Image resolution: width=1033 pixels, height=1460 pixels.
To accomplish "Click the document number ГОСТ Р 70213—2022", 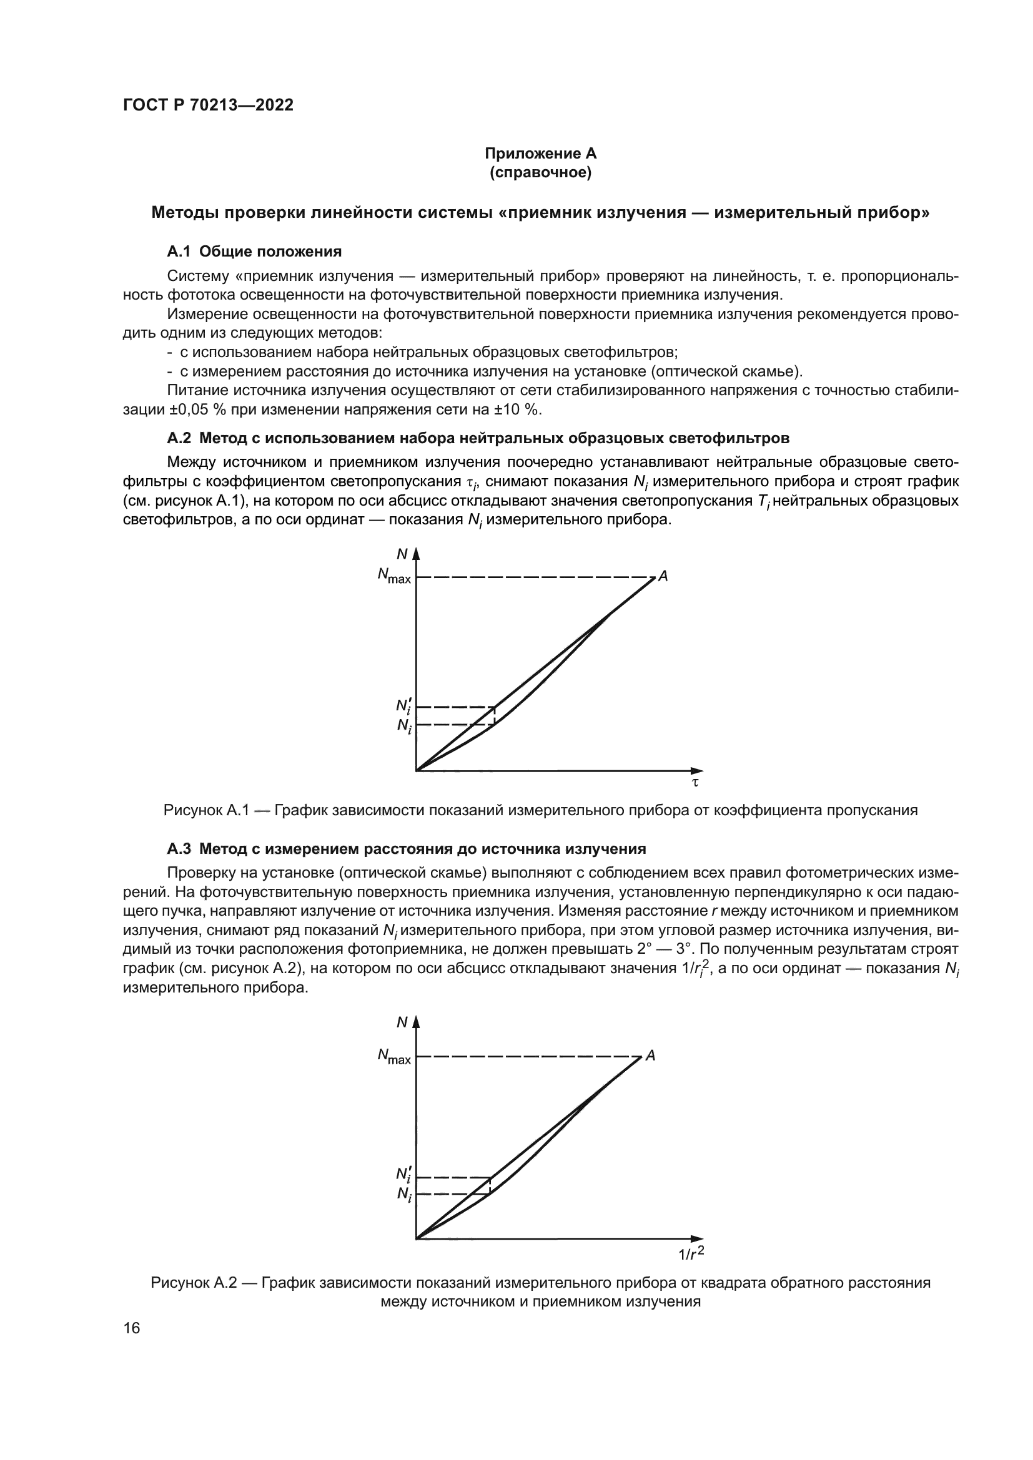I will (208, 105).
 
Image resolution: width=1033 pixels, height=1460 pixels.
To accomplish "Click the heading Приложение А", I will (540, 154).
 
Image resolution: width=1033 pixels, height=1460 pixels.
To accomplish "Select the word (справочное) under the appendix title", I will (540, 172).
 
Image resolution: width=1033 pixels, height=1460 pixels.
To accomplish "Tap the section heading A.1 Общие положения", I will (254, 252).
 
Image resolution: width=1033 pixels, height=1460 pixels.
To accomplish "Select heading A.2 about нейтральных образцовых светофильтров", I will (478, 438).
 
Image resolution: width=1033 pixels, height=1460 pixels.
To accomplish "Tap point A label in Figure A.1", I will (663, 576).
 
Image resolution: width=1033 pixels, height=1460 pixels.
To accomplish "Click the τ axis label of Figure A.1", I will (694, 783).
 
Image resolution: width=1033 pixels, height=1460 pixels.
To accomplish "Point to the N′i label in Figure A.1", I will (403, 706).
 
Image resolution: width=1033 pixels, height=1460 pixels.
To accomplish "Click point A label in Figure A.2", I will (650, 1056).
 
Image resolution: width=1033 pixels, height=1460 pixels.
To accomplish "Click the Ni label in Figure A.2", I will (403, 1194).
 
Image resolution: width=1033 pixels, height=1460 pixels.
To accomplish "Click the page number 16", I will (132, 1328).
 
